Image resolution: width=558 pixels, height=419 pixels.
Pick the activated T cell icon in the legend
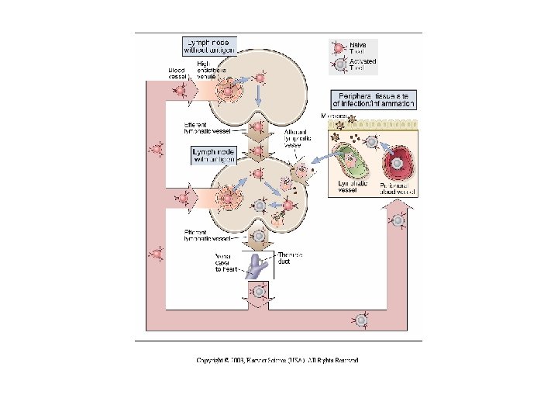tap(337, 65)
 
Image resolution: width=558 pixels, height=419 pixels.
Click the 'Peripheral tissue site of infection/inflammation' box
tap(369, 99)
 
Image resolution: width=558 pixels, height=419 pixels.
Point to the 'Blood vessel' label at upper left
tap(177, 72)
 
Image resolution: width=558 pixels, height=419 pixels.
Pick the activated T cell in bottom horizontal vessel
tap(361, 319)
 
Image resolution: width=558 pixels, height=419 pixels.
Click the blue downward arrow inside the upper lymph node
tap(258, 94)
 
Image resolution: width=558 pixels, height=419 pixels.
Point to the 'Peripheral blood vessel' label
tap(398, 188)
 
